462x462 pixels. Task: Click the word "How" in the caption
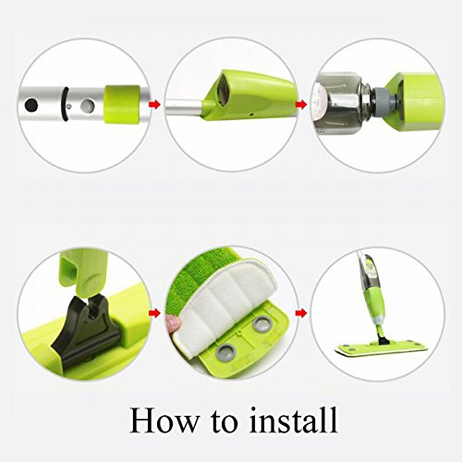click(164, 421)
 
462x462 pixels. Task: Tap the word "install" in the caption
click(294, 420)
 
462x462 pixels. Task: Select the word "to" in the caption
click(224, 423)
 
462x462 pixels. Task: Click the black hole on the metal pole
click(31, 105)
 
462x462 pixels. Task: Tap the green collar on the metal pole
click(122, 104)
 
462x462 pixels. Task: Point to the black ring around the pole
click(65, 104)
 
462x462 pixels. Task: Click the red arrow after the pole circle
click(154, 105)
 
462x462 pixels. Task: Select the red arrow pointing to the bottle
click(301, 104)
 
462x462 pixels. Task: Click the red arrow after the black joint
click(154, 313)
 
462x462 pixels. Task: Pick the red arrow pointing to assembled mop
click(301, 313)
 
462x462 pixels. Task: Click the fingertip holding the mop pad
click(174, 323)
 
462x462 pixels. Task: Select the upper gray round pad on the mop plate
click(261, 324)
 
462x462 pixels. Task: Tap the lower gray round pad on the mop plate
click(226, 351)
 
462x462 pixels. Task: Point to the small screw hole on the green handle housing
click(252, 115)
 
